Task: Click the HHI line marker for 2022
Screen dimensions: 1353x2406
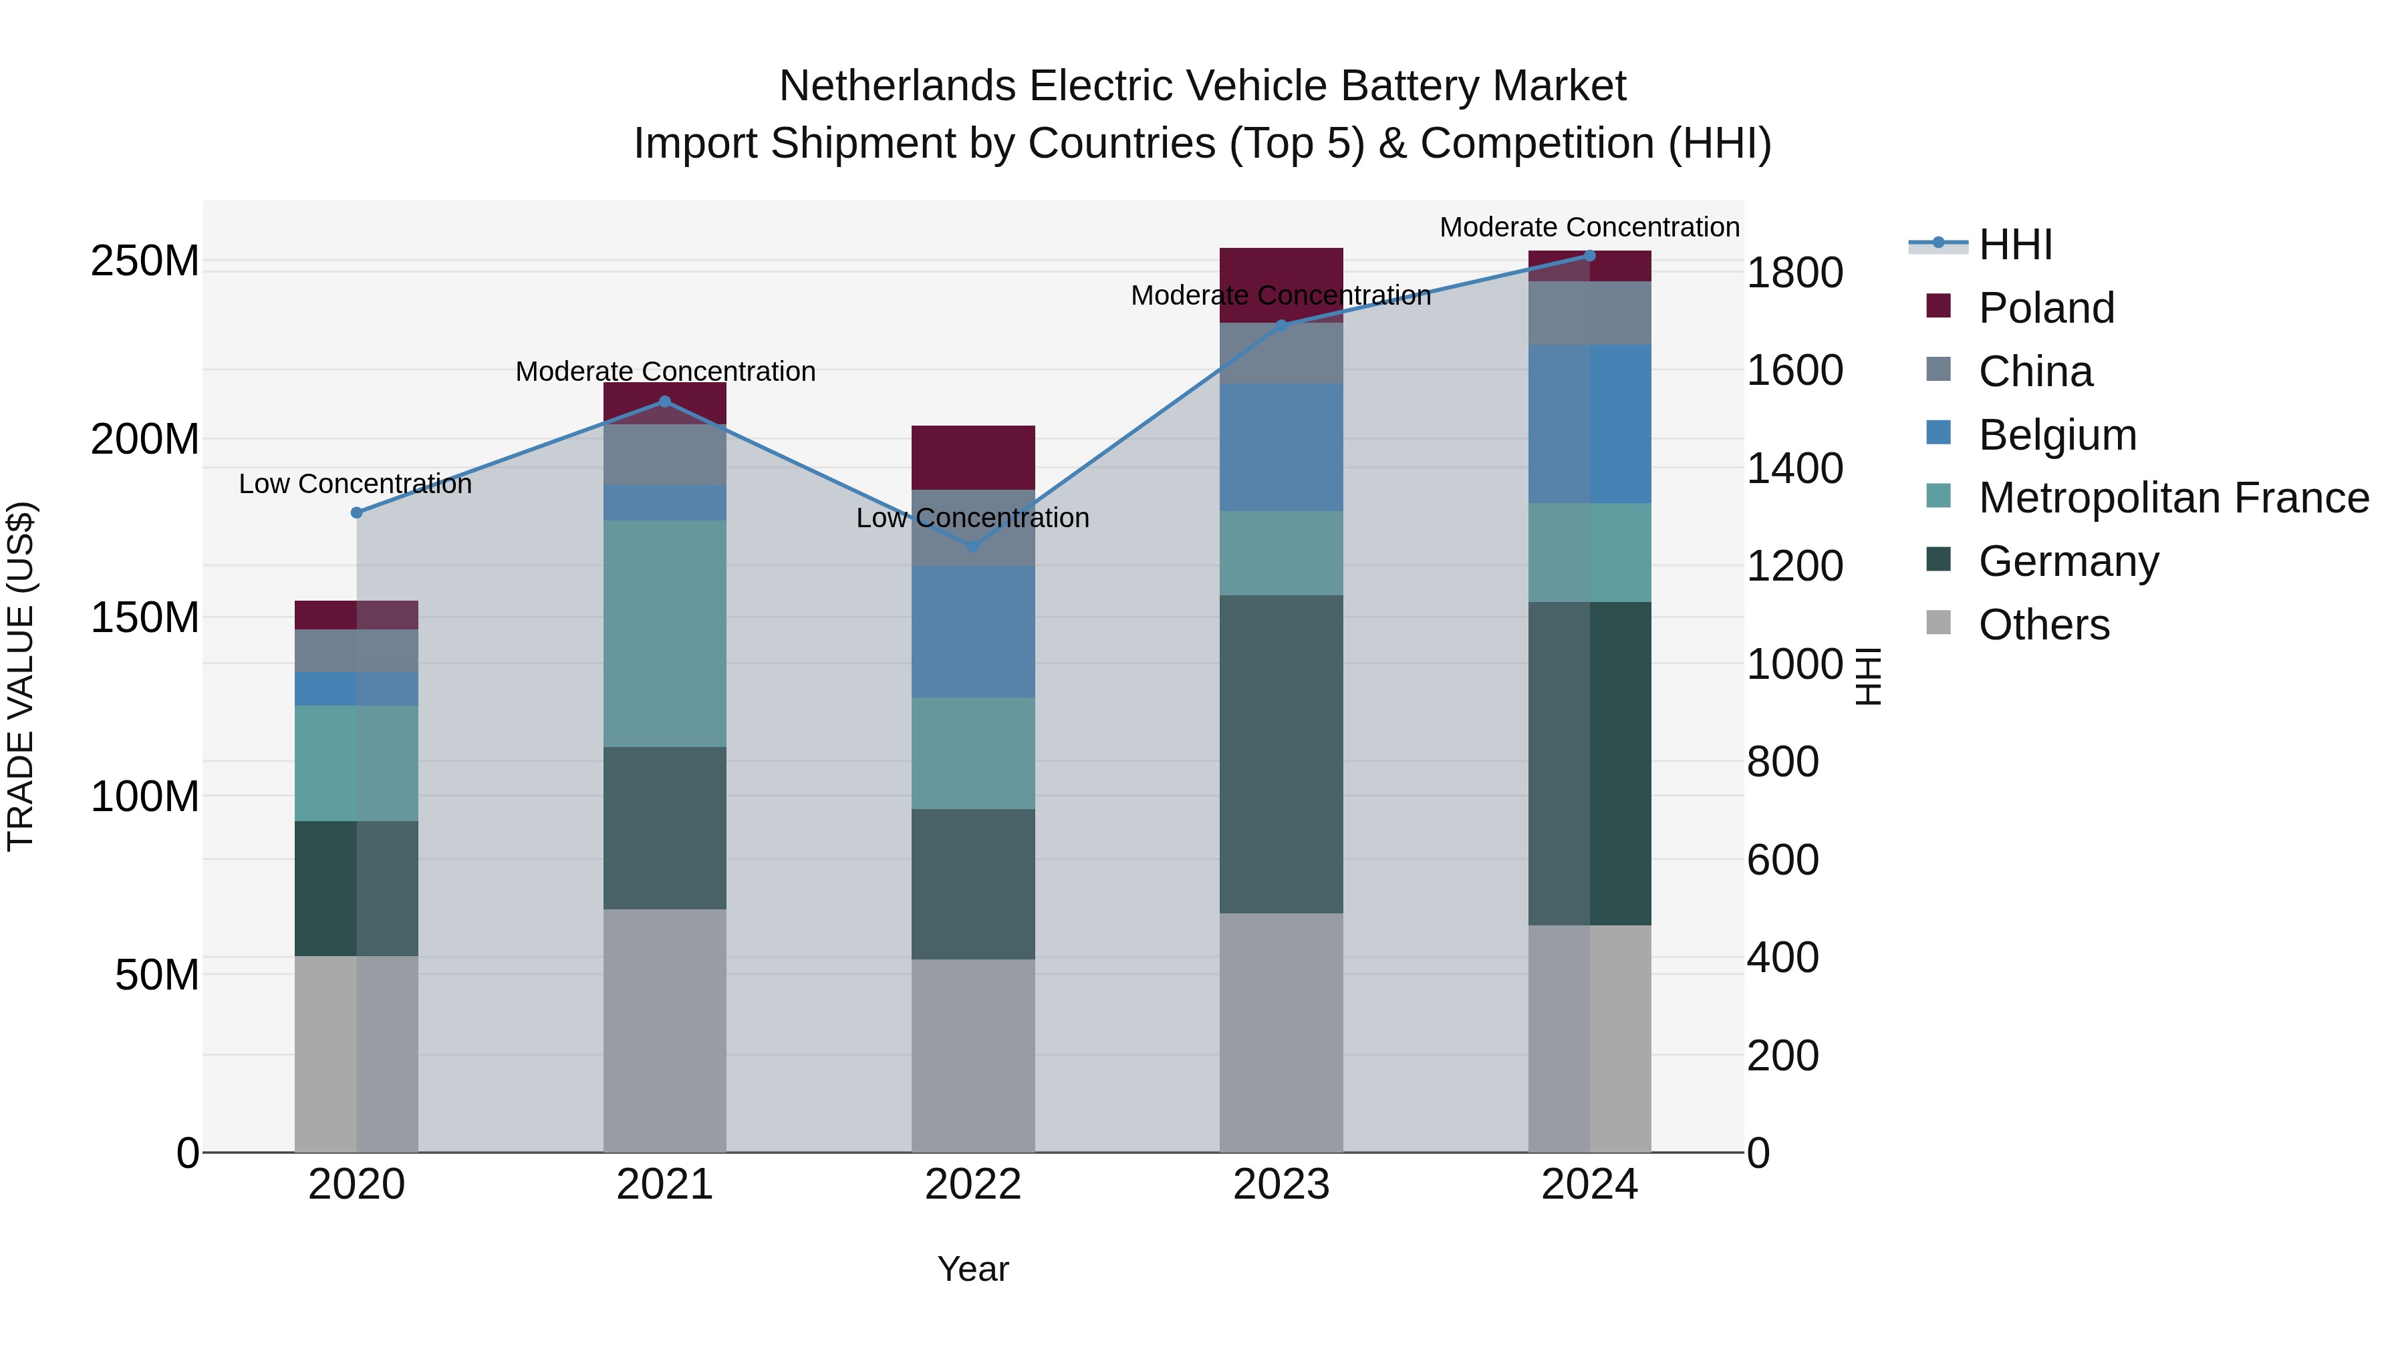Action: (x=972, y=547)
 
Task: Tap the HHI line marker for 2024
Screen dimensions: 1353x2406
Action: (x=1590, y=255)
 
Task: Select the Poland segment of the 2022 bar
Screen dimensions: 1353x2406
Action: (x=972, y=458)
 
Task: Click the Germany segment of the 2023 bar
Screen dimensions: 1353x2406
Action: (x=1281, y=754)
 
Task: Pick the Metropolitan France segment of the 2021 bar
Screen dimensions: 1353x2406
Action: (x=664, y=633)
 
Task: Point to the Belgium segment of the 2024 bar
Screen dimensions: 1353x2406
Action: (x=1590, y=424)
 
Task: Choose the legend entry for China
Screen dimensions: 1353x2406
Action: (x=2035, y=371)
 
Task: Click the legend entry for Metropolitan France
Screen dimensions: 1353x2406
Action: (x=2173, y=498)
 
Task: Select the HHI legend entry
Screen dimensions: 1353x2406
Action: (x=2014, y=245)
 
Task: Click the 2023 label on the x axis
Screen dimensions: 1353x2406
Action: (x=1281, y=1185)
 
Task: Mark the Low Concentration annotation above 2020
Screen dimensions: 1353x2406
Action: (x=355, y=484)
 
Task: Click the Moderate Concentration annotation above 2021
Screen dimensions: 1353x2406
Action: (x=665, y=371)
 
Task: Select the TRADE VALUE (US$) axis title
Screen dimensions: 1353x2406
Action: (x=21, y=676)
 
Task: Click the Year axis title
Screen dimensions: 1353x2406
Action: (x=972, y=1269)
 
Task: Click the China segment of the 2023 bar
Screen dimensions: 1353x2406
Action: (x=1281, y=353)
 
